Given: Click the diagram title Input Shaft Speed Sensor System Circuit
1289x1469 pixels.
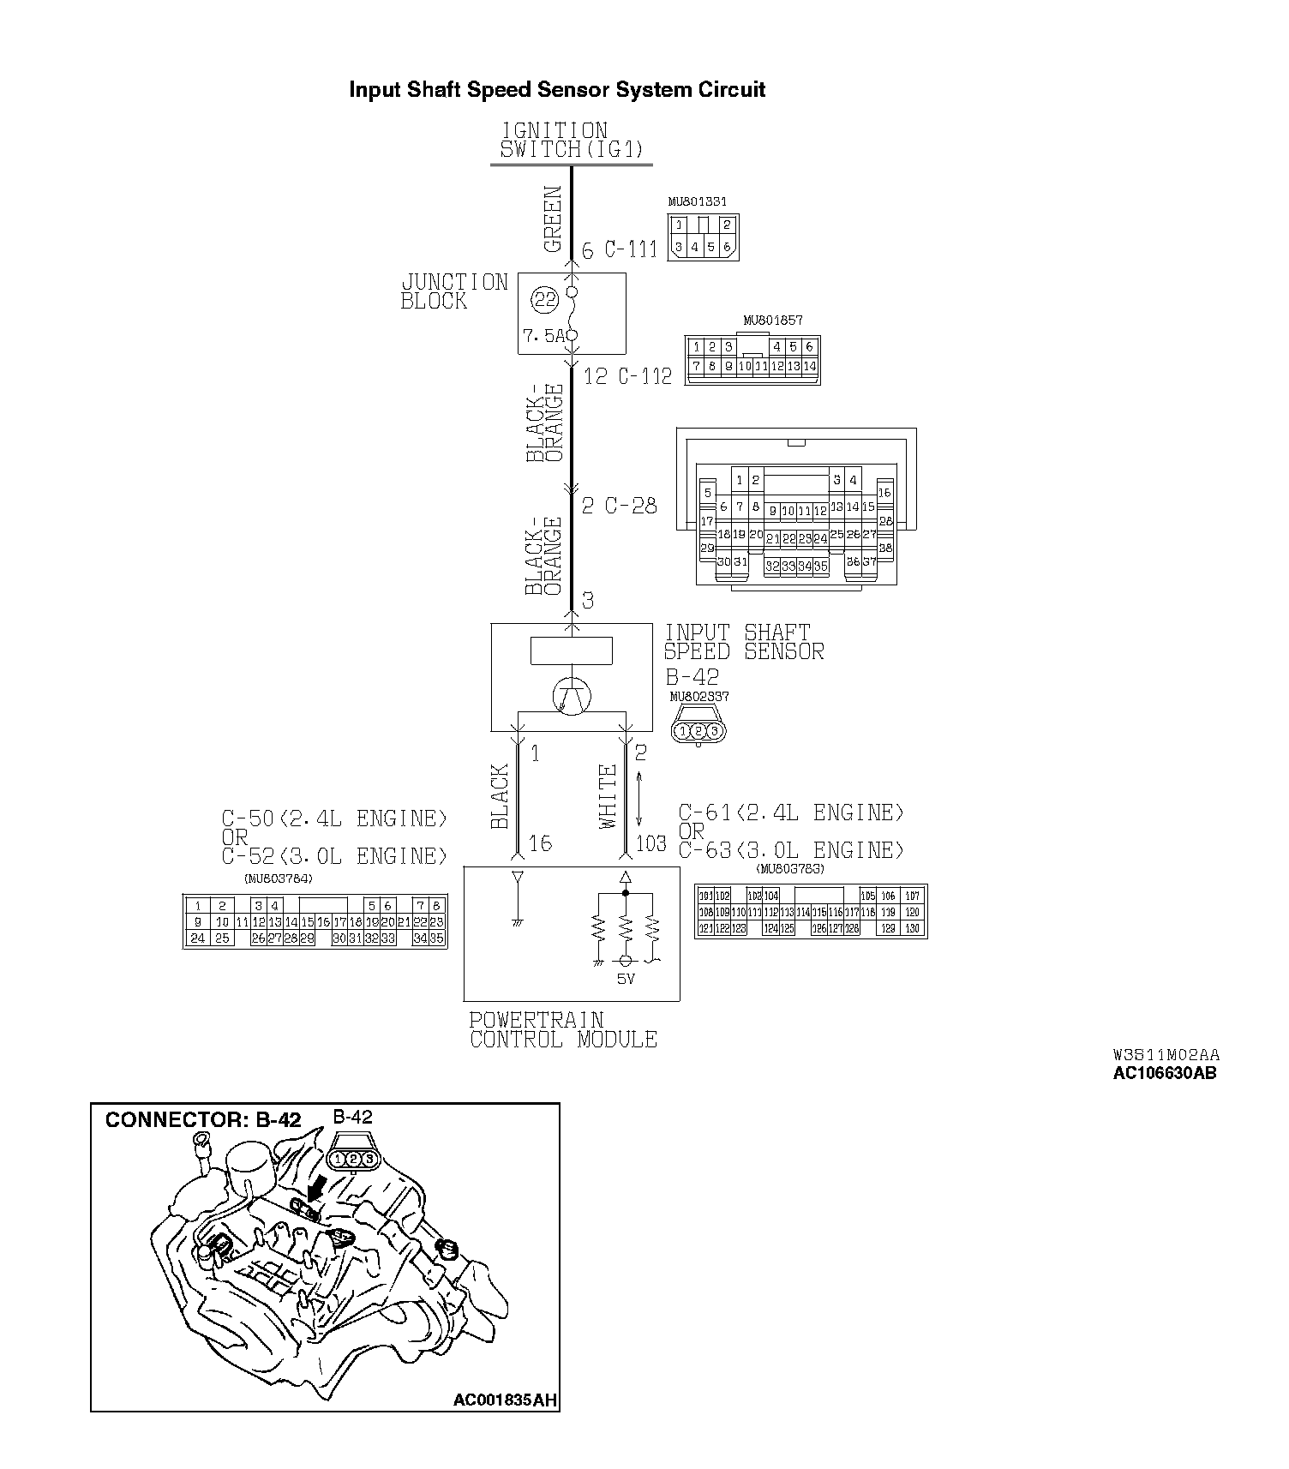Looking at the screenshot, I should [556, 90].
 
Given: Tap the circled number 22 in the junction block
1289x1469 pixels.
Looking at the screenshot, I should [544, 299].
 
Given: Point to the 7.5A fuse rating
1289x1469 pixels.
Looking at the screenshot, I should [543, 336].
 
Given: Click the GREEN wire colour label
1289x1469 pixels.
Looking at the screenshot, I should [553, 219].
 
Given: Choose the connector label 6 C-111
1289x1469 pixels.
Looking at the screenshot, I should [619, 250].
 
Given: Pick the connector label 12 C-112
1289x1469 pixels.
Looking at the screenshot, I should [627, 375].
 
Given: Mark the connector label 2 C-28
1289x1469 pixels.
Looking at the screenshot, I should [619, 506].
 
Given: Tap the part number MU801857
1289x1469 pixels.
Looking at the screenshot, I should [772, 321].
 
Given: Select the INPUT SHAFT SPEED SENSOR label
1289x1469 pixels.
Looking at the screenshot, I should [744, 642].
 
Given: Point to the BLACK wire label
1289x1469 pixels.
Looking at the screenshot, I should [499, 796].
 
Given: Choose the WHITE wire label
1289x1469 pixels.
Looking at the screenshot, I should [609, 796].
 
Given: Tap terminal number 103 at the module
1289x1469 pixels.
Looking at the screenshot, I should [650, 843].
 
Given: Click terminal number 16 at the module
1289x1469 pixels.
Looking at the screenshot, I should [540, 843].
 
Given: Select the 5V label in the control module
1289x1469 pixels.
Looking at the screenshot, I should [626, 978].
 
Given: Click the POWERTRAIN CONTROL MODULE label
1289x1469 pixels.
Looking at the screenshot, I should [563, 1030].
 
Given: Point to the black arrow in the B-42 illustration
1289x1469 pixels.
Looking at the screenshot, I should [316, 1187].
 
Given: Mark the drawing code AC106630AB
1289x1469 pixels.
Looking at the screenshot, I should [1164, 1073].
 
